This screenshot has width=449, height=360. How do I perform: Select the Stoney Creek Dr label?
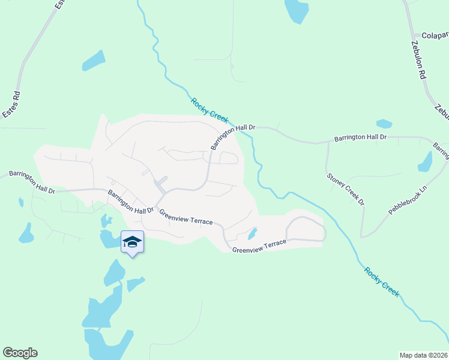pos(346,190)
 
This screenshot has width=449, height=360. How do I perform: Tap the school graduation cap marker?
pos(132,242)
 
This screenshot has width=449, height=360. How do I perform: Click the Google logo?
pos(20,353)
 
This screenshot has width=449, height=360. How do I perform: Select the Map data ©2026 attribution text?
pos(424,355)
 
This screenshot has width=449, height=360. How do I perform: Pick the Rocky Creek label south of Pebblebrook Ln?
pos(382,281)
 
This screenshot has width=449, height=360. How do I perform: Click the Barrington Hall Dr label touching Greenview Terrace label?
pos(131,202)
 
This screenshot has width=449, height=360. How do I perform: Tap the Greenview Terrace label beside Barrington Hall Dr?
pos(185,217)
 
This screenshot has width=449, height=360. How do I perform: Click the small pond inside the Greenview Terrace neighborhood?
pos(253,233)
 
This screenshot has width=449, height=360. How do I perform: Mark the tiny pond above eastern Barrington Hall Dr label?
pos(384,124)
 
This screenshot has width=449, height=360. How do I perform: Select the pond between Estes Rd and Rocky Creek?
pos(94,60)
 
